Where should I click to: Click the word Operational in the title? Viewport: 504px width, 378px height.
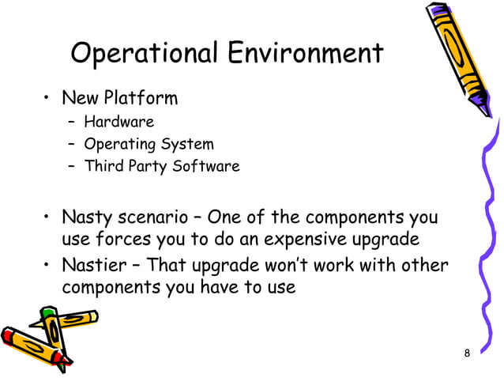pyautogui.click(x=143, y=54)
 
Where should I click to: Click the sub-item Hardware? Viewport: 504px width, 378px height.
pyautogui.click(x=119, y=122)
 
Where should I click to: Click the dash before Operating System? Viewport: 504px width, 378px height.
pyautogui.click(x=71, y=146)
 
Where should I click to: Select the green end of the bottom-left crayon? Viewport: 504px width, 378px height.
pyautogui.click(x=47, y=314)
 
